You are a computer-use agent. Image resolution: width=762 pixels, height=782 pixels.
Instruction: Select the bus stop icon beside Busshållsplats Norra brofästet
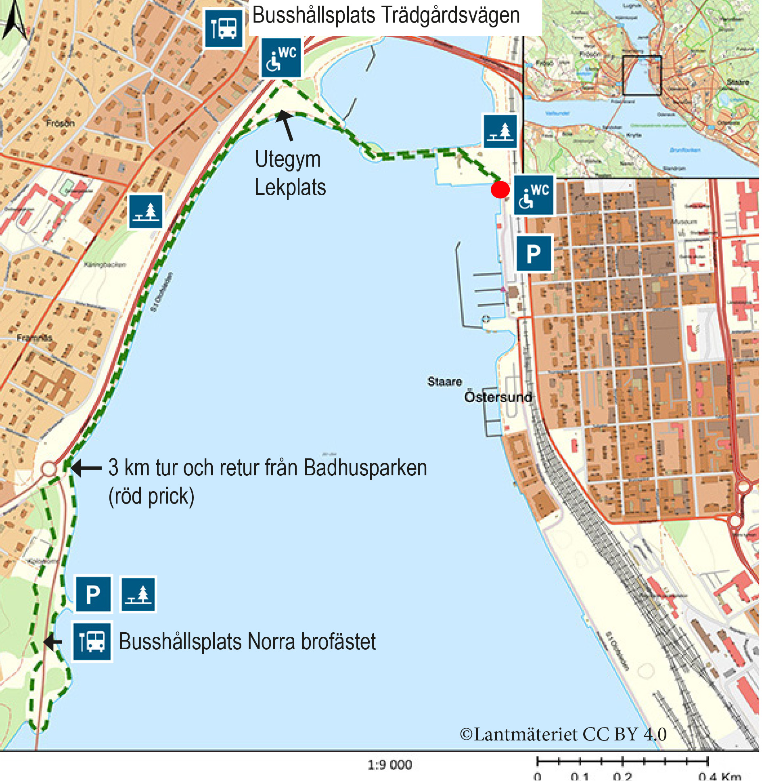tap(92, 641)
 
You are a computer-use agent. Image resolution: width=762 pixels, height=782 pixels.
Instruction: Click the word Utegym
tap(288, 159)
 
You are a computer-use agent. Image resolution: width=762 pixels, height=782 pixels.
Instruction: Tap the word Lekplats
tap(291, 188)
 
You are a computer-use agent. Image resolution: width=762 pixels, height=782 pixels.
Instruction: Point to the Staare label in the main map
tap(445, 381)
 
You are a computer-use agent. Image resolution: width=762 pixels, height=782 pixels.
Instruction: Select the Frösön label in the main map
tap(61, 123)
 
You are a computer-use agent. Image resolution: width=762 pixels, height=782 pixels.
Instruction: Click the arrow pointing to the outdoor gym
tap(286, 125)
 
